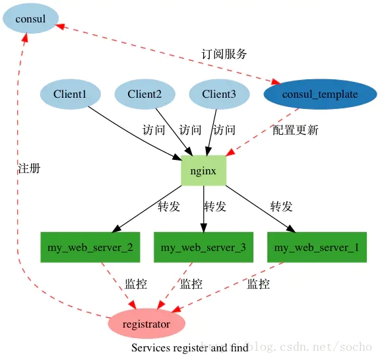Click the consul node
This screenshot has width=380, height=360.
coord(30,19)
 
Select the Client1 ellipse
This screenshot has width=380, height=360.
coord(70,94)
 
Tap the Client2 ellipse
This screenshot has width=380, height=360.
coord(144,94)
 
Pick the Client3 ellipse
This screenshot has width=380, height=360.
coord(219,94)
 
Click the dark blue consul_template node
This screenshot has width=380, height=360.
coord(319,94)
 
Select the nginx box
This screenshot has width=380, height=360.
coord(203,170)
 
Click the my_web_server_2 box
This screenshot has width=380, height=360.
coord(90,248)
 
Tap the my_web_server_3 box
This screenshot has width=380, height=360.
coord(203,248)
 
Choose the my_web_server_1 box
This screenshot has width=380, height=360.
coord(317,248)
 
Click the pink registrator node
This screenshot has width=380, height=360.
coord(146,324)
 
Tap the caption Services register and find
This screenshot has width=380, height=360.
coord(190,347)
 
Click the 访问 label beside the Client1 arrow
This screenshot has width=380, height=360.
coord(154,130)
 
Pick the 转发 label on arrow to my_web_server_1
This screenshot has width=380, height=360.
coord(281,207)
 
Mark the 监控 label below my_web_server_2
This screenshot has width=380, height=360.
coord(136,285)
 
